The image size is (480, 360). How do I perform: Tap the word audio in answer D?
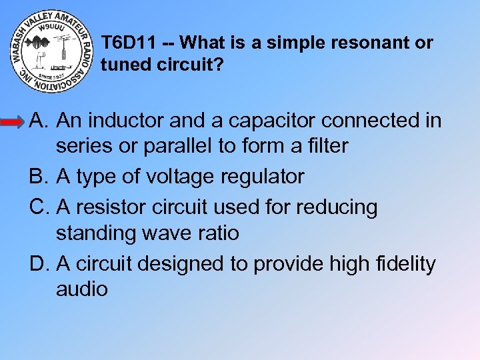point(82,289)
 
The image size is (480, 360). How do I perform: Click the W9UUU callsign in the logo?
point(52,28)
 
